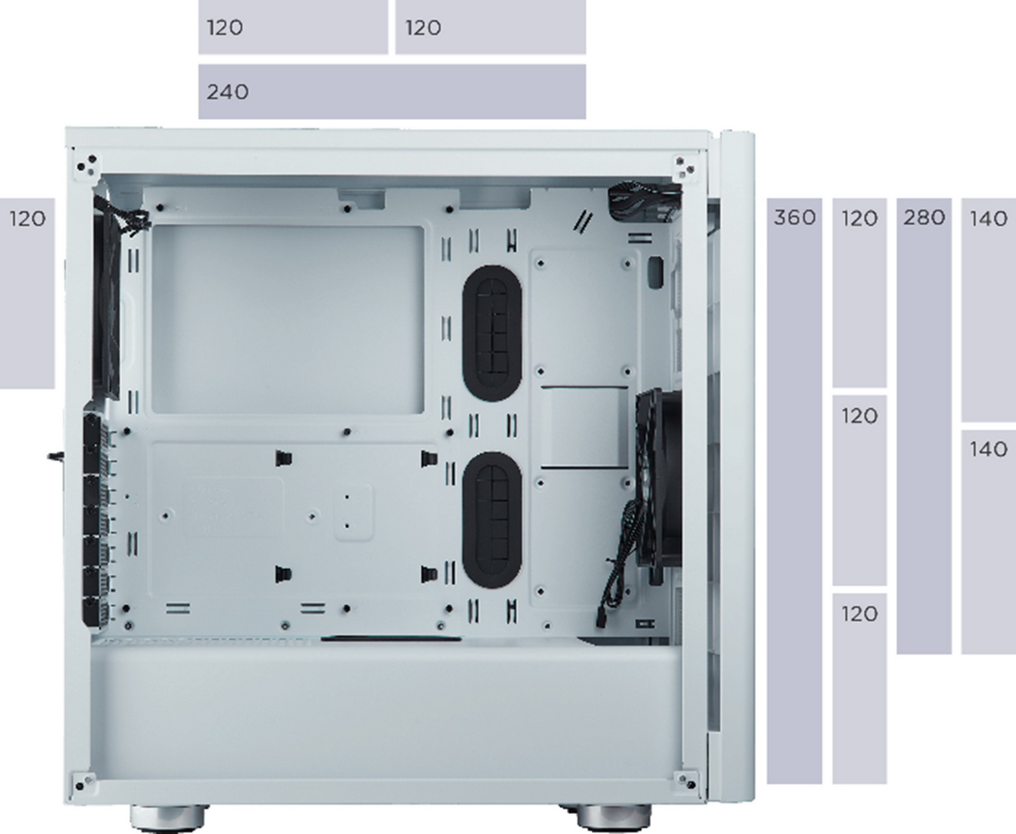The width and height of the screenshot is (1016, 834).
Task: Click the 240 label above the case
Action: tap(227, 92)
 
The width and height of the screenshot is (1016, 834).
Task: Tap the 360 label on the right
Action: tap(794, 218)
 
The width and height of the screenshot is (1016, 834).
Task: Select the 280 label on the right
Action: tap(924, 218)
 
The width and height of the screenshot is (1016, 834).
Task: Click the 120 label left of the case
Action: tap(27, 219)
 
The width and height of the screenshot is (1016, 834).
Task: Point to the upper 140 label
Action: tap(989, 219)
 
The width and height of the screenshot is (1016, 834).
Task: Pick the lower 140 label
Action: tap(989, 450)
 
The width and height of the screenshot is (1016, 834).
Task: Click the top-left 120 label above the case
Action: tap(225, 28)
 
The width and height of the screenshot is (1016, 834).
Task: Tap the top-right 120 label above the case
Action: tap(423, 28)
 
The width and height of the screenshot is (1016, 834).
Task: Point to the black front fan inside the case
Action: tap(657, 476)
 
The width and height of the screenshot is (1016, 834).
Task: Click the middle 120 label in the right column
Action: tap(859, 417)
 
